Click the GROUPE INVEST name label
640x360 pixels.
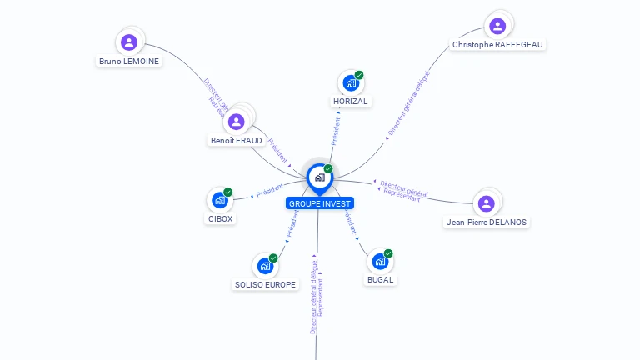point(320,203)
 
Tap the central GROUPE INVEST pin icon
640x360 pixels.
point(319,177)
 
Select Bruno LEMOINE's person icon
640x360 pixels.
point(128,42)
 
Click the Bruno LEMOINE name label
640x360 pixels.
point(129,61)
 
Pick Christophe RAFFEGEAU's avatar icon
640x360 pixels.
point(497,26)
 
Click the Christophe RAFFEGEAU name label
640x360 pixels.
point(499,44)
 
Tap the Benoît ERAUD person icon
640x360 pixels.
point(237,122)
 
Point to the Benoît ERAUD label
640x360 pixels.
point(237,141)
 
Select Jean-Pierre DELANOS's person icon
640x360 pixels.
point(487,203)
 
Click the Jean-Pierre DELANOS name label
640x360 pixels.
point(487,222)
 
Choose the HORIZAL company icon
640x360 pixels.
point(351,83)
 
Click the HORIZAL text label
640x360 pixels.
point(350,102)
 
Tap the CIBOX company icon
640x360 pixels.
point(219,200)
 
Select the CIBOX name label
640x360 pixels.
point(220,218)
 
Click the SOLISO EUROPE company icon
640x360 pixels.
point(265,266)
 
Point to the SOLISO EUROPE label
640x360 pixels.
point(265,284)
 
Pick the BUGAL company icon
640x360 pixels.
point(380,261)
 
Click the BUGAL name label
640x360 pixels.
point(380,280)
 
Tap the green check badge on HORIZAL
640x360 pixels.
point(359,75)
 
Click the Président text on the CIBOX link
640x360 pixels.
point(270,190)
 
